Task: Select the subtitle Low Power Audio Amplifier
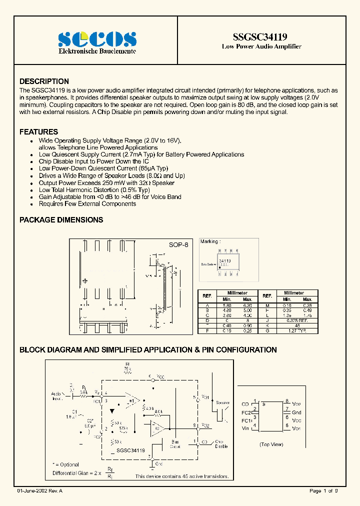(x=261, y=46)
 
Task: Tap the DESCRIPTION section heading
(x=44, y=81)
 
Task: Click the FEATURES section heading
(x=38, y=132)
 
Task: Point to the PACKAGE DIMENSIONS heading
(x=61, y=219)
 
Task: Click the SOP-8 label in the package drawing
(x=178, y=246)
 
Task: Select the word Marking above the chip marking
(x=209, y=241)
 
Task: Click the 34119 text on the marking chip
(x=225, y=261)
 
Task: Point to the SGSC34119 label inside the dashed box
(x=130, y=450)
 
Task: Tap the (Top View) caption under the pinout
(x=271, y=444)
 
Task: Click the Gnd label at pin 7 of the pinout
(x=296, y=412)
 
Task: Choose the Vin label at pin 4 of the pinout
(x=245, y=428)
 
